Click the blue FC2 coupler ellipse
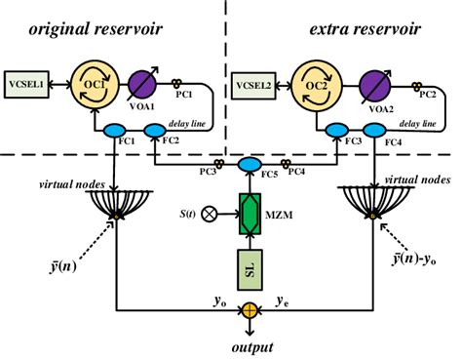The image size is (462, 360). [153, 130]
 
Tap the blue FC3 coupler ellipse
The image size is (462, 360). [337, 130]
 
